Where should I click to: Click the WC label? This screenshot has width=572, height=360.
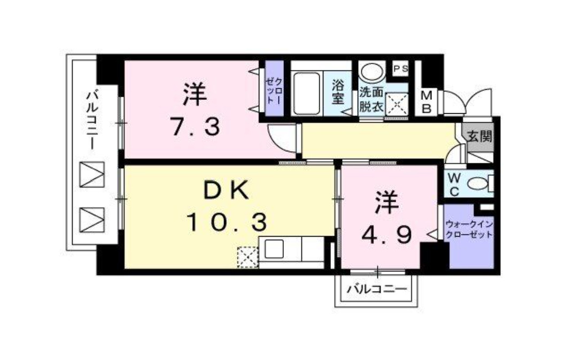click(452, 184)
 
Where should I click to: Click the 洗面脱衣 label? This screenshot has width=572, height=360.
click(372, 98)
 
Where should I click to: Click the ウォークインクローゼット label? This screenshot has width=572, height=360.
click(469, 230)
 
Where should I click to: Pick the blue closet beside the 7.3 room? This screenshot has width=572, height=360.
click(275, 89)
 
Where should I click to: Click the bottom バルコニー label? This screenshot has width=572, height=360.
click(376, 289)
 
